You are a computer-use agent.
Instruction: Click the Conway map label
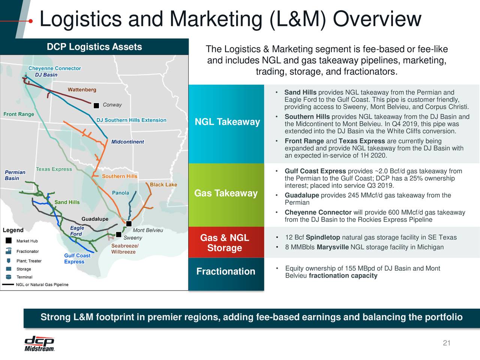coord(112,105)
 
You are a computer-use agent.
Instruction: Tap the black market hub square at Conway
coord(96,106)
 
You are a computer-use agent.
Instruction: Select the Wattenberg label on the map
coord(82,90)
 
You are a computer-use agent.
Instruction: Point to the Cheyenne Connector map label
coord(55,68)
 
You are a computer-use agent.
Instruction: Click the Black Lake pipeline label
coord(163,184)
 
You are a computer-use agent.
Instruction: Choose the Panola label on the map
coord(120,193)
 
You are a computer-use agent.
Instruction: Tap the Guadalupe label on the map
coord(95,219)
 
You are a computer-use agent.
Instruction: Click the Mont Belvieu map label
coord(148,230)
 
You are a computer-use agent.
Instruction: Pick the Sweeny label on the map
coord(133,238)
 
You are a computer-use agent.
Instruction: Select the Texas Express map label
coord(54,169)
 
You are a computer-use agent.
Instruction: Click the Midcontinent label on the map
coord(127,142)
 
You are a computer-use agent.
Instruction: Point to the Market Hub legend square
coord(8,241)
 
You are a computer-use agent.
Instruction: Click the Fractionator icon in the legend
coord(8,251)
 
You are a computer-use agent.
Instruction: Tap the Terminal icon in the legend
coord(8,277)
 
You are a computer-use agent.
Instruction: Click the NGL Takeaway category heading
coord(227,122)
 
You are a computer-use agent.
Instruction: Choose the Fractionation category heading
coord(226,271)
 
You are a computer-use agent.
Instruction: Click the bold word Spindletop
coord(323,237)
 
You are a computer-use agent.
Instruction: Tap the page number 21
coord(446,343)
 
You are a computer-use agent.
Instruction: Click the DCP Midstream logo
coord(39,343)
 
